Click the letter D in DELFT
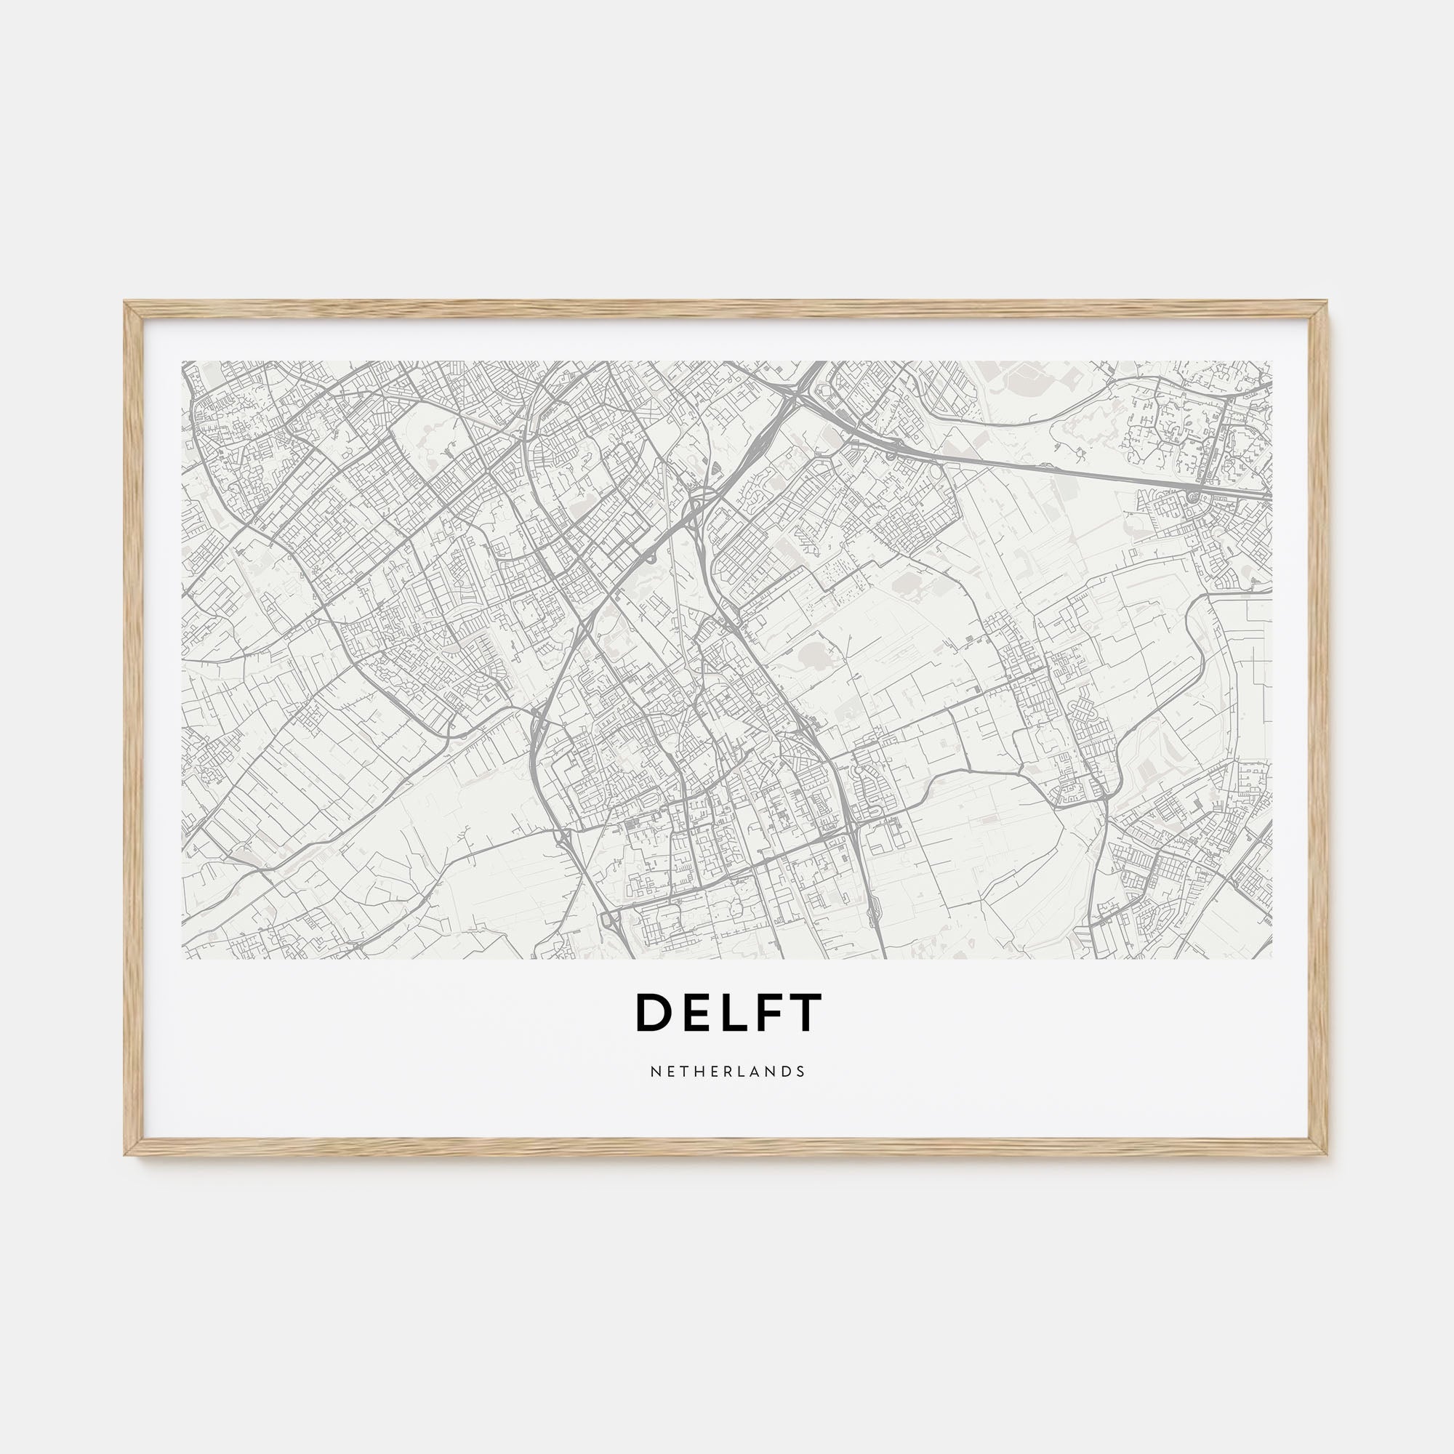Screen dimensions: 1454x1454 pos(651,1012)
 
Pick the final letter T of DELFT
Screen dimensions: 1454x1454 pos(803,1012)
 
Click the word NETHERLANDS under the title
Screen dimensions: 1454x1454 pos(727,1071)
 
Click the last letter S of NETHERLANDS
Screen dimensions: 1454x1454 pos(801,1071)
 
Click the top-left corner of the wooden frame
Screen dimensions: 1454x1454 pos(125,302)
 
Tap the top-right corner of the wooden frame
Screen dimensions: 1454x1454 pos(1329,302)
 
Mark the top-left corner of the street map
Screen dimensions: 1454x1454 pos(182,361)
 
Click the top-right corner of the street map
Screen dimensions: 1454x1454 pos(1272,361)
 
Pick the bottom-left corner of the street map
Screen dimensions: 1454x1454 pos(182,959)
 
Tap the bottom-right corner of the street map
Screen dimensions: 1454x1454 pos(1272,959)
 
